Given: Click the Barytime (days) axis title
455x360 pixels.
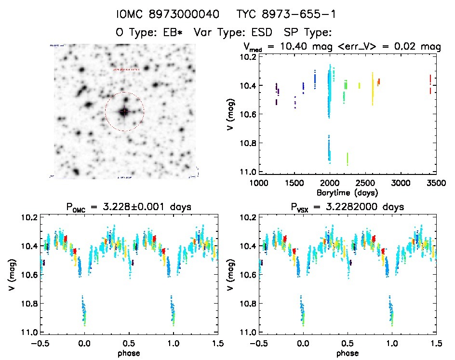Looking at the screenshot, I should (347, 192).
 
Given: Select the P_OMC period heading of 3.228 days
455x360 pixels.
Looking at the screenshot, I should (129, 207).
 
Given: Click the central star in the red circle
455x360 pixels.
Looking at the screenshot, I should (124, 112).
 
